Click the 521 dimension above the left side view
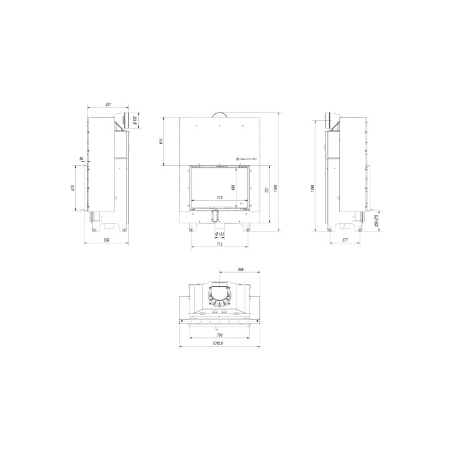[x=108, y=104]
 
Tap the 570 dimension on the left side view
[x=73, y=188]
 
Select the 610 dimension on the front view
[x=161, y=141]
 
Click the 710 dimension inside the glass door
[x=219, y=198]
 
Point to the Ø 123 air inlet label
[x=220, y=234]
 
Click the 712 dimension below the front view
[x=220, y=244]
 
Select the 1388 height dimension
[x=312, y=188]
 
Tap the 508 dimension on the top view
[x=241, y=269]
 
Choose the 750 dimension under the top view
[x=220, y=335]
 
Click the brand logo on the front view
[x=247, y=160]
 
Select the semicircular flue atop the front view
[x=220, y=114]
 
